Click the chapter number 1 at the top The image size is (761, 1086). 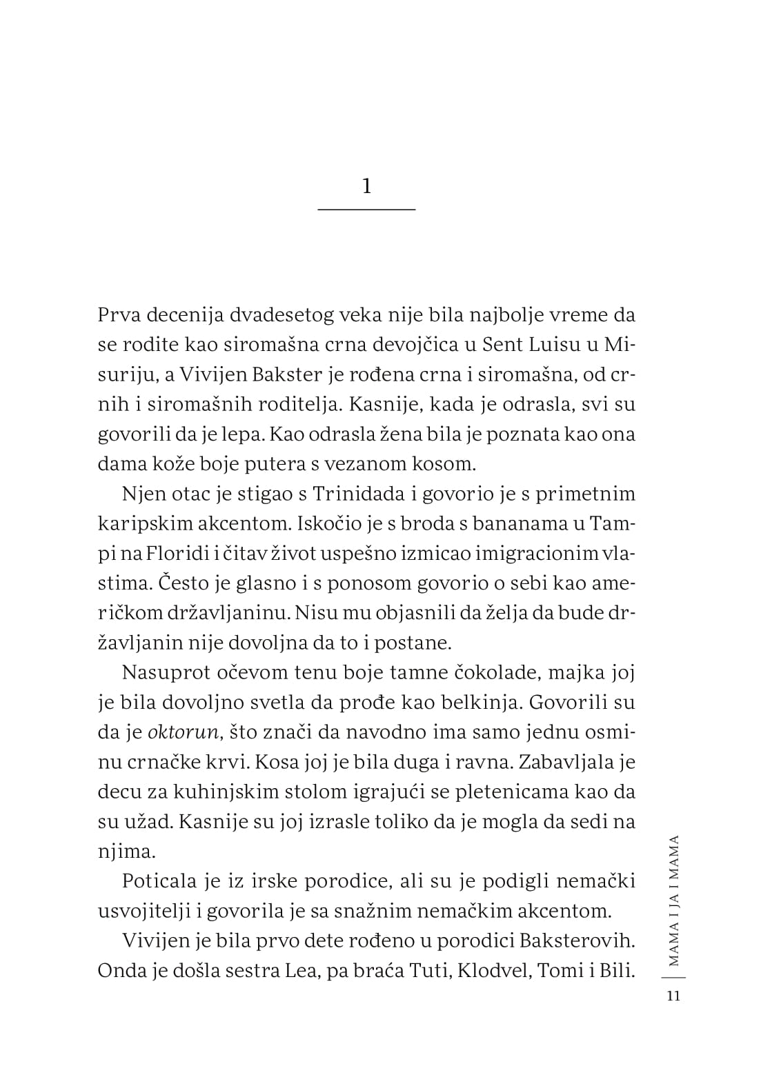(366, 186)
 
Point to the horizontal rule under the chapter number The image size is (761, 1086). (366, 208)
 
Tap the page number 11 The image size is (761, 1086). (673, 996)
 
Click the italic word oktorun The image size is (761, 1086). (183, 732)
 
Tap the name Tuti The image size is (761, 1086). (430, 970)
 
